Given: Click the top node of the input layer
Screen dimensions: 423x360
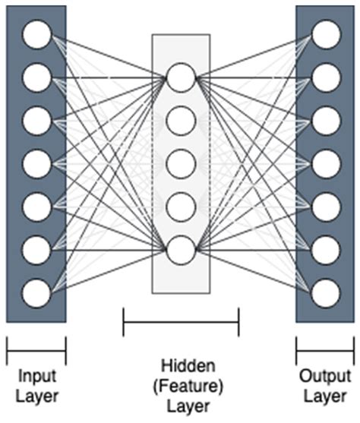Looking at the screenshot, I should pos(36,33).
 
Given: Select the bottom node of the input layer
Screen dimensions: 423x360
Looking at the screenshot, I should pos(36,292).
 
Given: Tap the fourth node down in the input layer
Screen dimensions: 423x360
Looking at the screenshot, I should pos(36,163).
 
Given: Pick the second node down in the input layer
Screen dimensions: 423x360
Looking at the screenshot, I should pos(36,77).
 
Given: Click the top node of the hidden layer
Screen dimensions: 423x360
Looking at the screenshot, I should pos(181,77).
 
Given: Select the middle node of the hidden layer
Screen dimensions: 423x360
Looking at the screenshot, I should pos(181,163).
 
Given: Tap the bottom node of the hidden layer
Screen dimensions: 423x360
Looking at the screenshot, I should pos(181,249).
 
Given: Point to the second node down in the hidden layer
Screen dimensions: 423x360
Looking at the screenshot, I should pos(181,119).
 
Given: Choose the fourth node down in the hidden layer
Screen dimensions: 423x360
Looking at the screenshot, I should pos(181,206).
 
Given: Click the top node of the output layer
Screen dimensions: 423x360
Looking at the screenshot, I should pos(326,33).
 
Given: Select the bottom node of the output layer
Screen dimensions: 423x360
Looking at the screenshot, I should pos(326,292).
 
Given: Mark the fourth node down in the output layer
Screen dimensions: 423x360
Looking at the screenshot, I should pos(326,163).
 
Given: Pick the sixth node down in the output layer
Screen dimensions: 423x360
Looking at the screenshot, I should pos(326,249).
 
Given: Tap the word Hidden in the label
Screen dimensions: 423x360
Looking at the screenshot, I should pos(181,364).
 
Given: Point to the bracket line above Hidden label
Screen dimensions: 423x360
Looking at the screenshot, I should pos(181,322).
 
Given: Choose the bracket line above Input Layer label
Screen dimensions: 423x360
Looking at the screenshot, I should pos(36,352).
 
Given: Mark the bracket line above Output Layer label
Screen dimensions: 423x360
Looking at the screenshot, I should pos(325,352).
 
